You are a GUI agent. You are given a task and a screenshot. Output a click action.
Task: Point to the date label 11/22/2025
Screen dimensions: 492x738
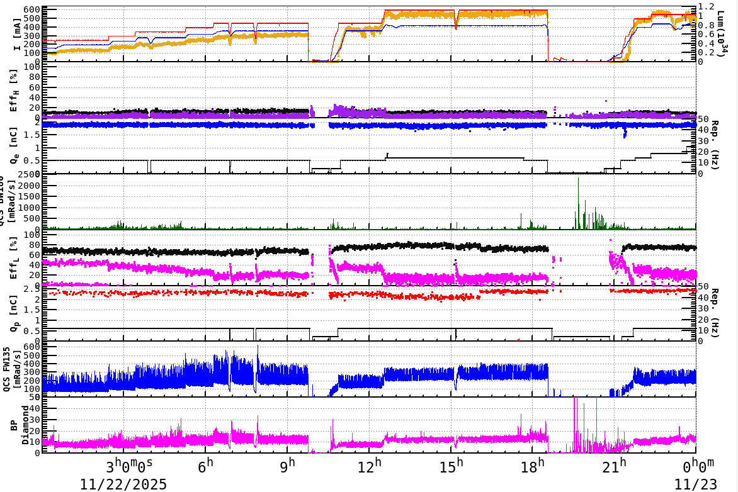[x=123, y=484]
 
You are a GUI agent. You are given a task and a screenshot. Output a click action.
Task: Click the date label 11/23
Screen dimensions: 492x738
[x=694, y=484]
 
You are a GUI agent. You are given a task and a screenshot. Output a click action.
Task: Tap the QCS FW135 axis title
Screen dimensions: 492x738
[x=11, y=370]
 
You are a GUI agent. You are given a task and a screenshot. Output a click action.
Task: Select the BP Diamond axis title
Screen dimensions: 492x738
[x=19, y=426]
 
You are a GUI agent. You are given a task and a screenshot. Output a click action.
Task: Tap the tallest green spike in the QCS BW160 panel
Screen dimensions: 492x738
[x=578, y=179]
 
